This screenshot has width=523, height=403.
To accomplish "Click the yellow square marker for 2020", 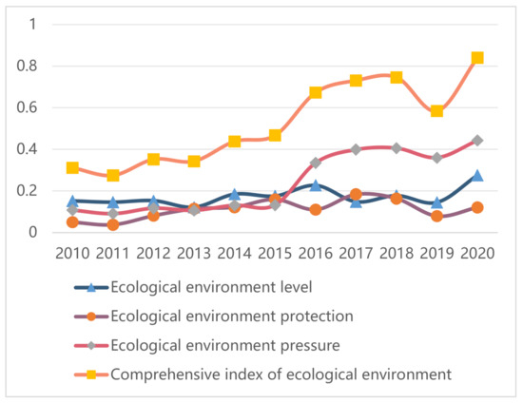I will pos(477,58).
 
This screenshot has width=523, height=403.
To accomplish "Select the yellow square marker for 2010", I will pos(72,167).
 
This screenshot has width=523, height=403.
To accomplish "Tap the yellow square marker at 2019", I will pos(436,111).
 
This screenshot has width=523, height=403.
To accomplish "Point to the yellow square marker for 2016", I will pos(315,92).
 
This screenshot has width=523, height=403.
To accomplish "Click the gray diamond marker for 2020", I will pos(477,141).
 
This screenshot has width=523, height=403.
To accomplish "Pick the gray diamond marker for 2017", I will pos(356,149).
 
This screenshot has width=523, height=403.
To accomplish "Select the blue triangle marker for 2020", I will pos(477,176).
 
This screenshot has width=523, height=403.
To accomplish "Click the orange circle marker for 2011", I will pos(112,225).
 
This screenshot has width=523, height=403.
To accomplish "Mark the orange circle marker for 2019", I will pos(436,217).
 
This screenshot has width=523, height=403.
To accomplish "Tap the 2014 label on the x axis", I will pos(234,254).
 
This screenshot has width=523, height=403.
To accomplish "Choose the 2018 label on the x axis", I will pos(396,254).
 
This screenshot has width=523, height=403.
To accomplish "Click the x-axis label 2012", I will pos(153,254).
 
